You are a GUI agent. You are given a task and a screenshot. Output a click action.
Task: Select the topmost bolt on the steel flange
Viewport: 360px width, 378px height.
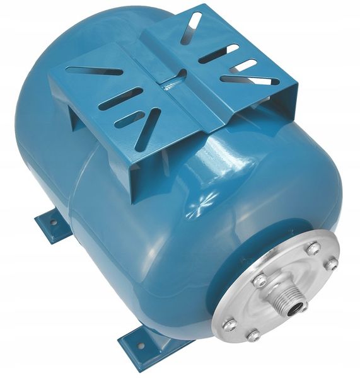pos(313,248)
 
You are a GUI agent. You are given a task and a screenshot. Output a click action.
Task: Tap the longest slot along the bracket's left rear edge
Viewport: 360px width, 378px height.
pos(95,71)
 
